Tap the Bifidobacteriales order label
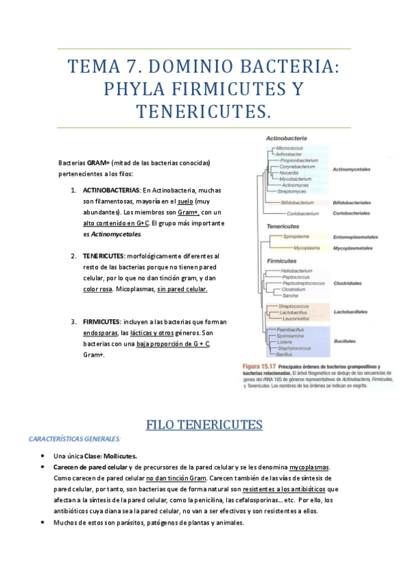pos(351,202)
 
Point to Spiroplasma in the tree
pos(297,237)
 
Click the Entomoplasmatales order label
pos(355,237)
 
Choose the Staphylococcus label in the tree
pos(294,348)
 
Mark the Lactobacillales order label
pos(351,312)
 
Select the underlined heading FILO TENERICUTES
pos(204,425)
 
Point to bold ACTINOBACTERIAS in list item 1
pos(112,190)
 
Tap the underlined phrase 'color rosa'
pos(97,289)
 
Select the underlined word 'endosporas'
pos(99,333)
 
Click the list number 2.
pos(74,256)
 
